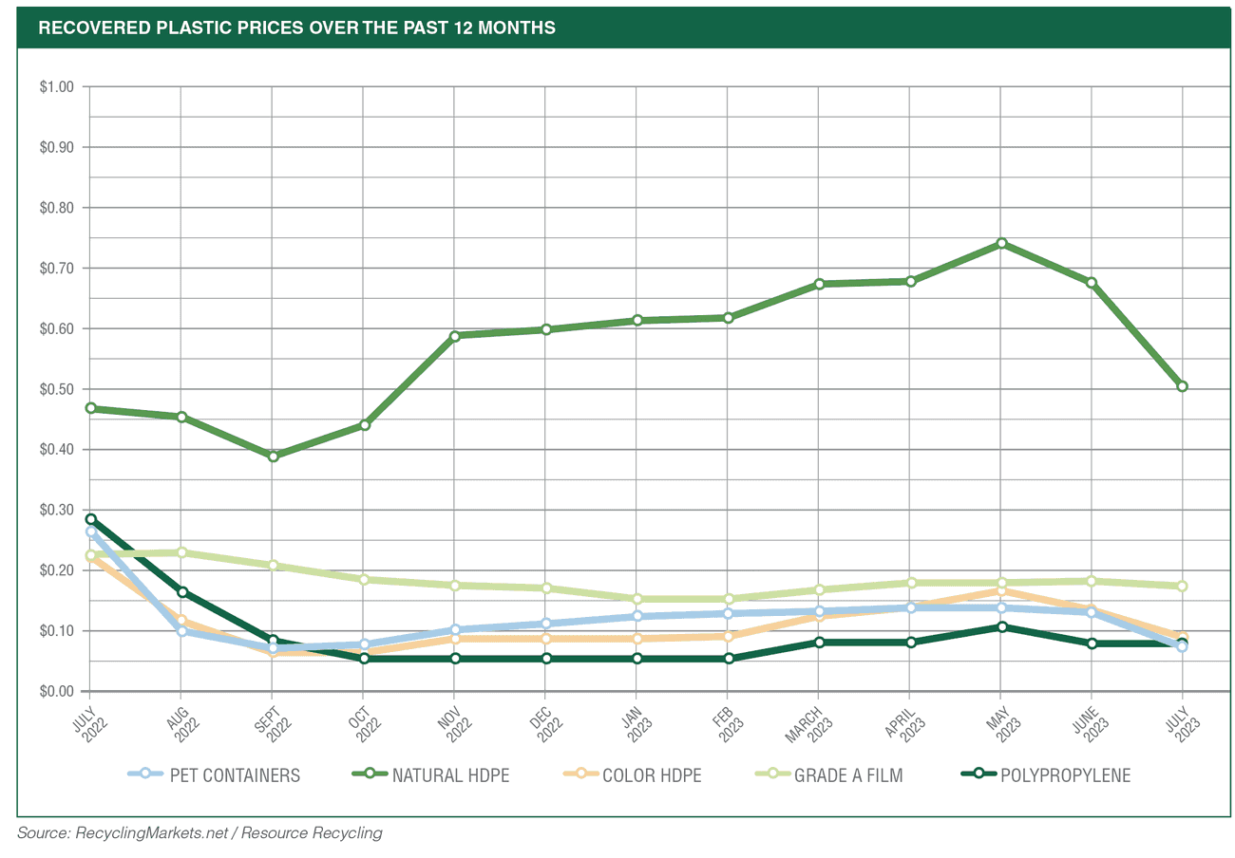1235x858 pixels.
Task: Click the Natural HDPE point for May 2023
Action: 1001,244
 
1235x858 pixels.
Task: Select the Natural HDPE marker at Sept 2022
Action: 273,457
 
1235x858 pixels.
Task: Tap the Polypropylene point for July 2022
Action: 91,519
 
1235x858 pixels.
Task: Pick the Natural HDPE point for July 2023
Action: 1183,386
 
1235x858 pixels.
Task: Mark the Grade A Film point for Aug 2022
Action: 181,552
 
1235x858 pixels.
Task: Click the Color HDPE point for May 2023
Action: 1001,591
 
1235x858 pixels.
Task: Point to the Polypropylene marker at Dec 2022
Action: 545,658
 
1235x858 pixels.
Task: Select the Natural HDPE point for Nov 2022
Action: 454,336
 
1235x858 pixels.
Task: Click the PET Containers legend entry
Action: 214,775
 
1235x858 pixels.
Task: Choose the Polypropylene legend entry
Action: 1045,775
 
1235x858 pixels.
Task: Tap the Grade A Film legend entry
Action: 828,775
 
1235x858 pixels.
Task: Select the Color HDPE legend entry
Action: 632,775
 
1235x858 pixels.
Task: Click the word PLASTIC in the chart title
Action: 180,28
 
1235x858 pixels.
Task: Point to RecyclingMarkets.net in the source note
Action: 144,832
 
